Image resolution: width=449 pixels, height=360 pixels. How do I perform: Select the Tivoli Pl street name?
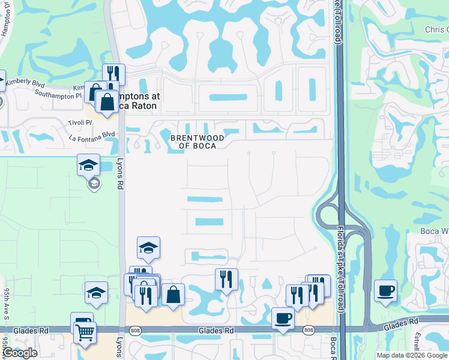point(80,122)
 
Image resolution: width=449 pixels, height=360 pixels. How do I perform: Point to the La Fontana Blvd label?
point(92,135)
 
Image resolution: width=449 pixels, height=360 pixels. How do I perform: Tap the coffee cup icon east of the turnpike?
point(385,291)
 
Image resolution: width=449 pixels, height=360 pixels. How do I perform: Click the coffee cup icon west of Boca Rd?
point(283,318)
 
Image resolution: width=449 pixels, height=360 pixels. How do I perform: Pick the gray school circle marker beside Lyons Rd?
point(94,184)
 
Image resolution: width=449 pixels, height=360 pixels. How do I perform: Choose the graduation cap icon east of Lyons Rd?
point(149,247)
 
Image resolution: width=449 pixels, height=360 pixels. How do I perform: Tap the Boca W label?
point(436,231)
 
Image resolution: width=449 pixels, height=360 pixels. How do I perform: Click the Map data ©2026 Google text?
point(411,355)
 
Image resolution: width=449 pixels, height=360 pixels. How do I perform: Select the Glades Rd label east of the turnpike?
point(402,324)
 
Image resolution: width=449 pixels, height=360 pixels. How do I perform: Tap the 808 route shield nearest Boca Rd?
point(309,330)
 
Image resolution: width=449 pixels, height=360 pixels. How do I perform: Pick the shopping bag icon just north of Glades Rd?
point(173,295)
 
